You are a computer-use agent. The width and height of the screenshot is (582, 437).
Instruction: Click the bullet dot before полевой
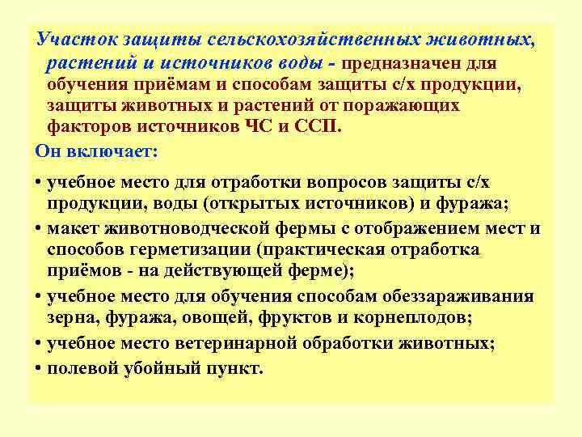point(39,368)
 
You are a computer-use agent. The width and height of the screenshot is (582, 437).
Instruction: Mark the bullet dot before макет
point(39,228)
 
